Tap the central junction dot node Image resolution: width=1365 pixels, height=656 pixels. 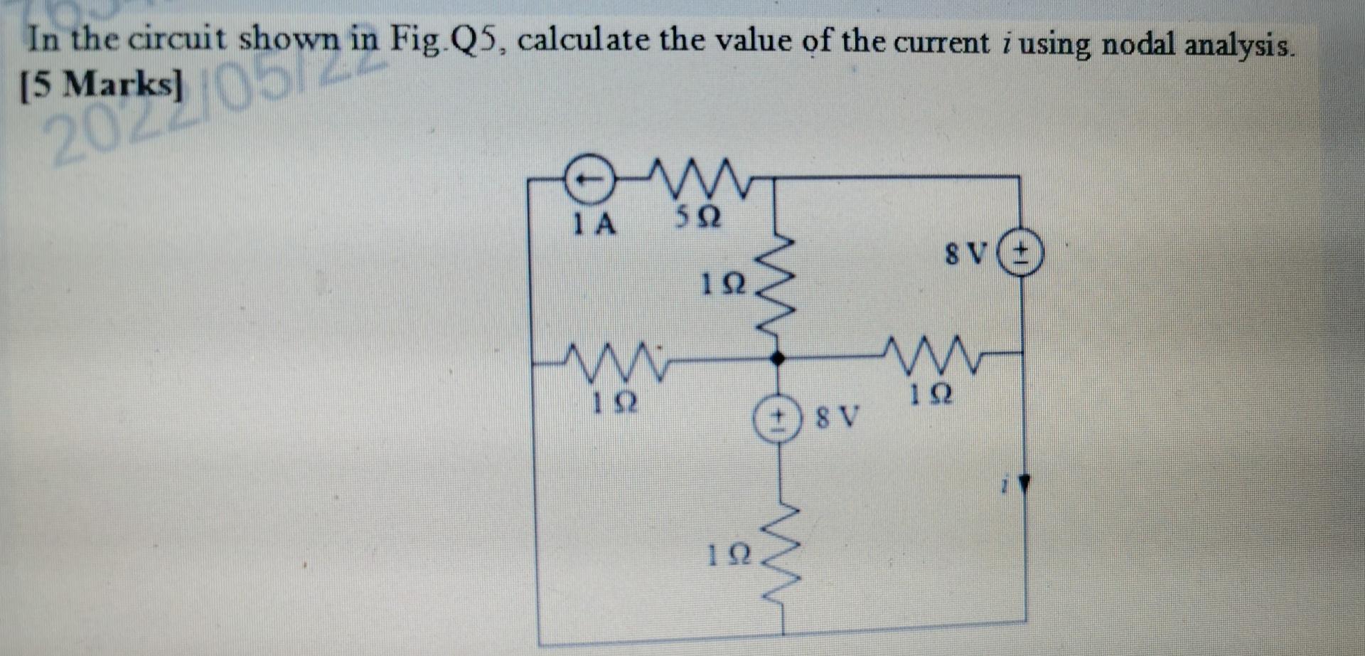click(778, 359)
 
